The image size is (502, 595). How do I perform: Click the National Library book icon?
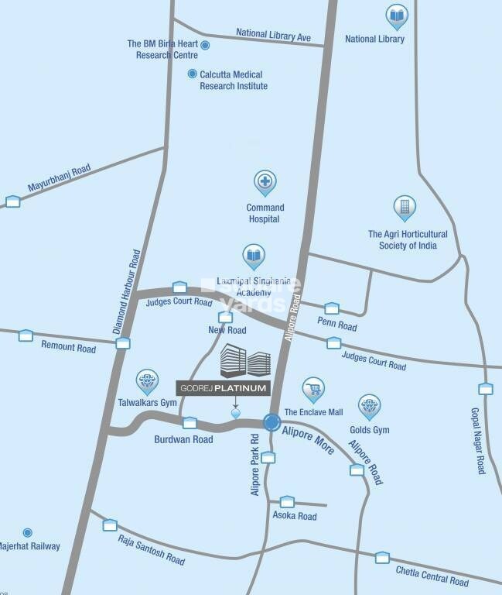click(397, 15)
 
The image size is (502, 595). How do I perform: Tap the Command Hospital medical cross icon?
click(265, 182)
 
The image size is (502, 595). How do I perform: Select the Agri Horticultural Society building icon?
click(404, 206)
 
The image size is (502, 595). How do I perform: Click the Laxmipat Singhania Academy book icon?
click(254, 254)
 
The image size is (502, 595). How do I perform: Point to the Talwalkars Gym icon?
click(147, 380)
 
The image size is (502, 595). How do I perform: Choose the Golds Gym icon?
click(369, 404)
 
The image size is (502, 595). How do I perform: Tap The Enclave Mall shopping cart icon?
click(313, 388)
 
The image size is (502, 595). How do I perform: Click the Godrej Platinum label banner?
click(223, 388)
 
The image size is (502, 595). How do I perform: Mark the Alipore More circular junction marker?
click(271, 422)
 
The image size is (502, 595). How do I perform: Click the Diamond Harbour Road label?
click(128, 291)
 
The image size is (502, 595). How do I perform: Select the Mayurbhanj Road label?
click(60, 177)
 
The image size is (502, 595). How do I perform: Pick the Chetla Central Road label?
click(432, 576)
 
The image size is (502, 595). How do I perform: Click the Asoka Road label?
click(295, 516)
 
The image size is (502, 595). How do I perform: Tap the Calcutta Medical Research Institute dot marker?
click(193, 74)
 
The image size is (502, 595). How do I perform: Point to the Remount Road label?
click(68, 348)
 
